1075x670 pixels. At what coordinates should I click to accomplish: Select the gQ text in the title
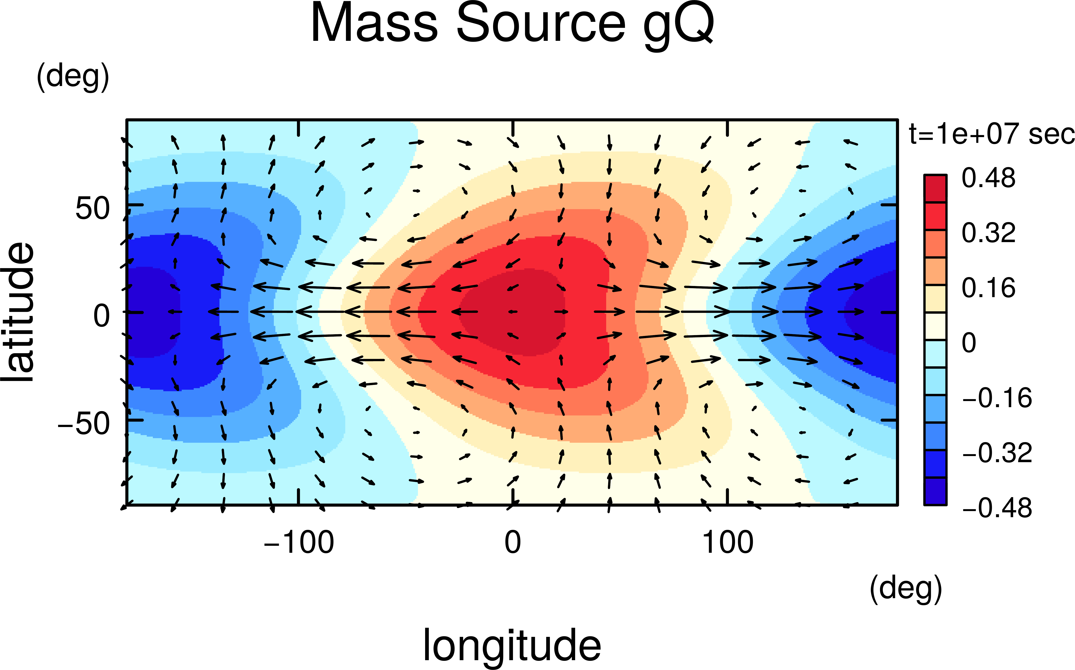[678, 26]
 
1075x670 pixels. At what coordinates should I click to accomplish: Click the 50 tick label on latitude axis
[92, 208]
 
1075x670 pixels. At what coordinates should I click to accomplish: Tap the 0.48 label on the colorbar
[988, 178]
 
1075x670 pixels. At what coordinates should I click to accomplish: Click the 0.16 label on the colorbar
[988, 288]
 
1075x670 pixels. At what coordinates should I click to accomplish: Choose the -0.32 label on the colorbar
[997, 453]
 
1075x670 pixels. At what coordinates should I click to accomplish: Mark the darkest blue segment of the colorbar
[935, 491]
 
